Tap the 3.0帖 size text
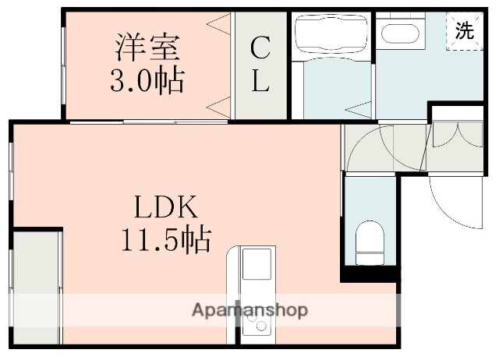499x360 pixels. click(148, 79)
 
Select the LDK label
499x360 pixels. click(166, 208)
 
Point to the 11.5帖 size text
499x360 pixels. click(166, 239)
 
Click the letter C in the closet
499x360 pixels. click(260, 48)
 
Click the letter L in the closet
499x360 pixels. click(260, 81)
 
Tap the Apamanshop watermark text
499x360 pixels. click(249, 310)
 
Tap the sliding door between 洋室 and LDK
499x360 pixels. click(148, 122)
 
